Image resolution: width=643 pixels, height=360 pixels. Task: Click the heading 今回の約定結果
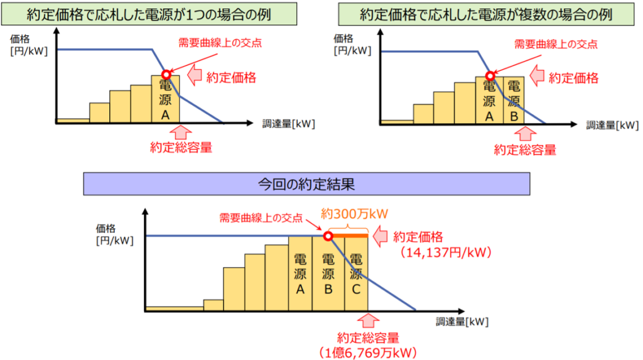point(306,185)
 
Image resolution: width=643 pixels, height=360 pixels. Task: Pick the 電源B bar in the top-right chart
point(513,100)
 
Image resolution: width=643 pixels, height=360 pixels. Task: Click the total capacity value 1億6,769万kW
point(368,352)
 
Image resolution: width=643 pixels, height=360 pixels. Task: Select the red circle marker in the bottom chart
point(328,236)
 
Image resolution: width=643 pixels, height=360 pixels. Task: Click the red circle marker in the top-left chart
point(166,74)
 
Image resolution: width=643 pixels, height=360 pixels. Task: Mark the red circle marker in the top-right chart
point(490,76)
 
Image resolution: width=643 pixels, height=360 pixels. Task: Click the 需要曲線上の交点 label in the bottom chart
point(261,218)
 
